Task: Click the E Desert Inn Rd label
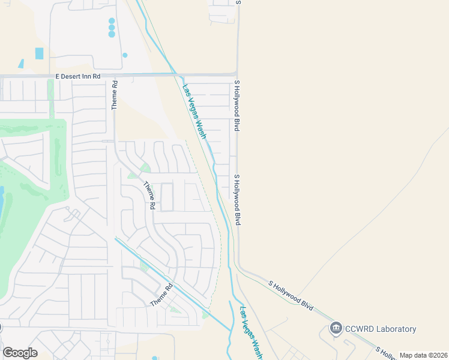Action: pos(77,77)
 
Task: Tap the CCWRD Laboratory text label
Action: pos(381,329)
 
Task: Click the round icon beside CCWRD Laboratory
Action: pos(336,328)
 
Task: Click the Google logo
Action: pos(19,353)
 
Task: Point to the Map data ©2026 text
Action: pos(423,355)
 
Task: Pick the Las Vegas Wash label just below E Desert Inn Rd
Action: pos(198,111)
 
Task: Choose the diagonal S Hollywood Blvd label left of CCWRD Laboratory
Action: pos(291,295)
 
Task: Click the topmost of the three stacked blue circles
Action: pos(112,21)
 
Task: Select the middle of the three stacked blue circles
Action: pos(112,28)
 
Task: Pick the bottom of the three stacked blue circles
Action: pos(112,34)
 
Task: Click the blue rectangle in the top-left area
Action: pos(40,53)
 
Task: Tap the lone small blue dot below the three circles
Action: pos(125,55)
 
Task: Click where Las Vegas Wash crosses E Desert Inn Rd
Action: pos(178,75)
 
